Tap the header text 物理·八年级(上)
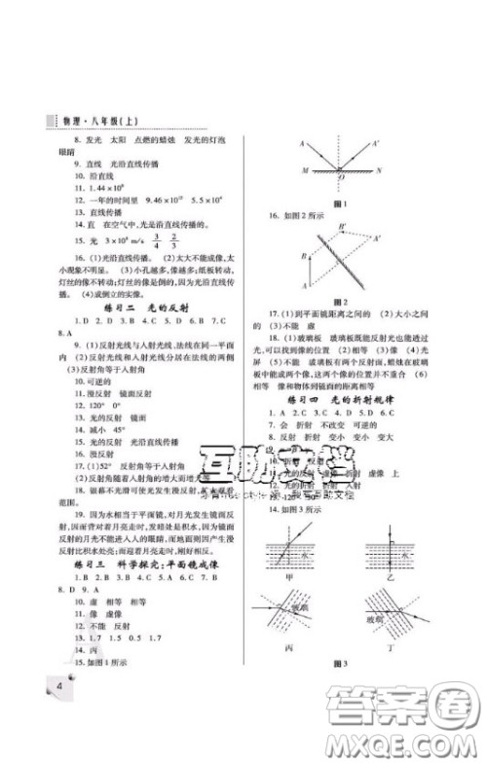78,126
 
